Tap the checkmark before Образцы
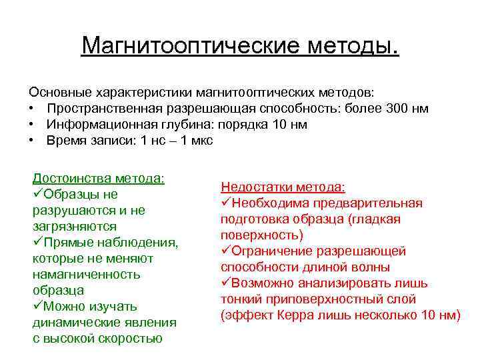tap(37, 194)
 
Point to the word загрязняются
tap(74, 227)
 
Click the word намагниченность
tap(86, 274)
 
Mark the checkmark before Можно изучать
tap(37, 306)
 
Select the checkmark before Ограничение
tap(225, 251)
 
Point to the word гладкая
tap(378, 219)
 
